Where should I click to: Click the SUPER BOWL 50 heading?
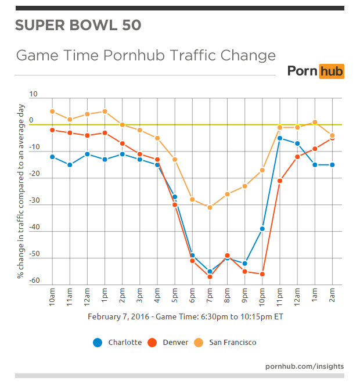pos(78,26)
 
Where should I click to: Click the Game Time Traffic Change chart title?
pos(146,56)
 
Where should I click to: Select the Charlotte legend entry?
pos(118,342)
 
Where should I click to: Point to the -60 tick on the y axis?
pos(34,281)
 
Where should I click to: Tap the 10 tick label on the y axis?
pos(33,94)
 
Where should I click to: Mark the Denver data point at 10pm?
pos(262,274)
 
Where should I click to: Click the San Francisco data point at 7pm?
pos(210,207)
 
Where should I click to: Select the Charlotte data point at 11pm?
pos(280,138)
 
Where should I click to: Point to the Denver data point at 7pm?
pos(210,277)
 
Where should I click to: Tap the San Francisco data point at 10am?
pos(52,111)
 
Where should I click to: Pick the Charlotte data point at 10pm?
pos(262,229)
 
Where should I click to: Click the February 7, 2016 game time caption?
pos(185,317)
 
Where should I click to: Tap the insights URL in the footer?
pos(304,366)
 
